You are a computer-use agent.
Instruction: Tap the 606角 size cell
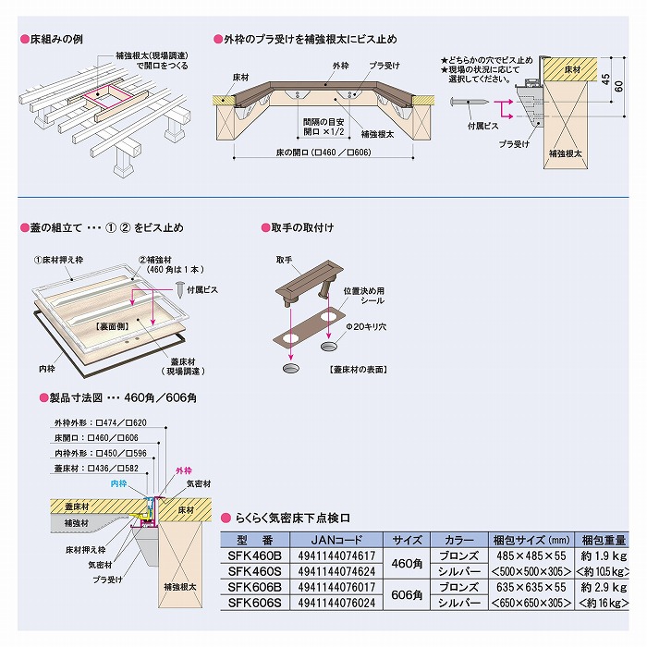[x=408, y=594]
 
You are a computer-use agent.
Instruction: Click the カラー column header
[x=458, y=540]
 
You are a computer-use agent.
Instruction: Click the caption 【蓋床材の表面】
[x=357, y=369]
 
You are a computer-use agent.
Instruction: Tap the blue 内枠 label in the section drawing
[x=117, y=482]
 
